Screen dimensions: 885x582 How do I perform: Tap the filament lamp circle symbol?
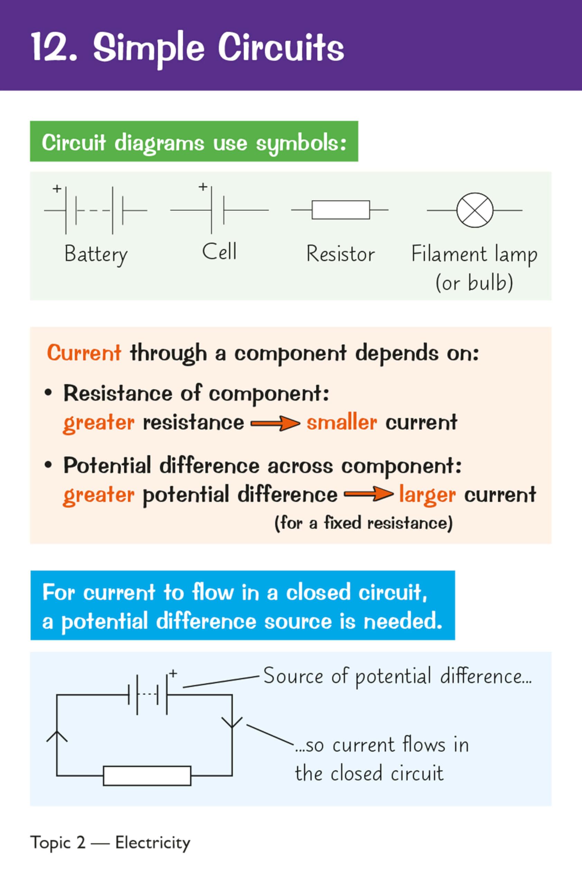475,210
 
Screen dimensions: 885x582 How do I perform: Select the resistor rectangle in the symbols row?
340,210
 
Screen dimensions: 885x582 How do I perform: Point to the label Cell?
219,252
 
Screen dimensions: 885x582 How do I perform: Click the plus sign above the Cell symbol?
203,187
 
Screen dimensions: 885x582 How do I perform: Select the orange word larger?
427,495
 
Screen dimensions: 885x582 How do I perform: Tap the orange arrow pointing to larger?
369,495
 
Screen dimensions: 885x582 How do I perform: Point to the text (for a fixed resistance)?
364,523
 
